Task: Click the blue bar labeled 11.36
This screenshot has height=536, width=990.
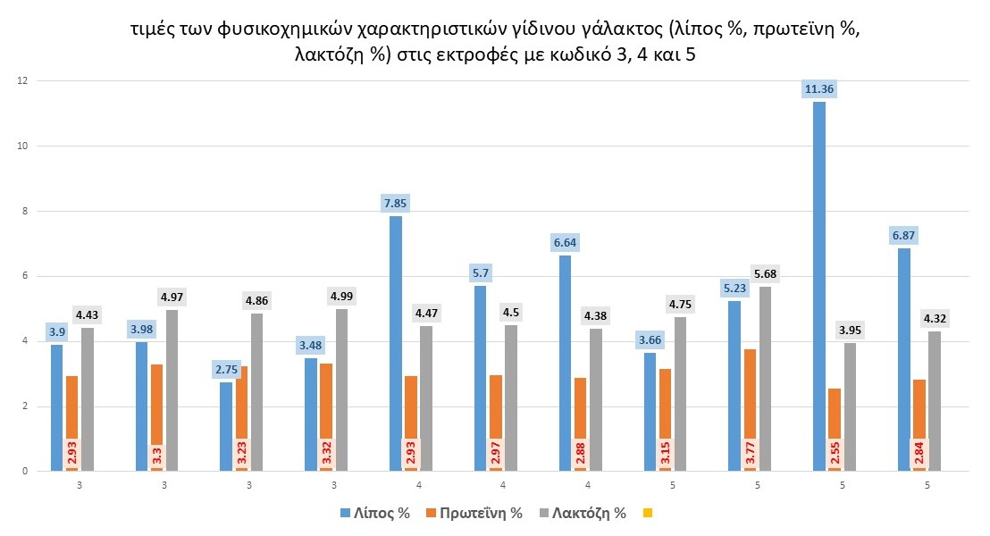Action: coord(819,286)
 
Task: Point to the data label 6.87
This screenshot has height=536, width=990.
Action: coord(904,236)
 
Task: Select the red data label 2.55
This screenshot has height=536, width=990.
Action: coord(834,454)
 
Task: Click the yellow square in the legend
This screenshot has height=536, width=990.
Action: coord(649,514)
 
